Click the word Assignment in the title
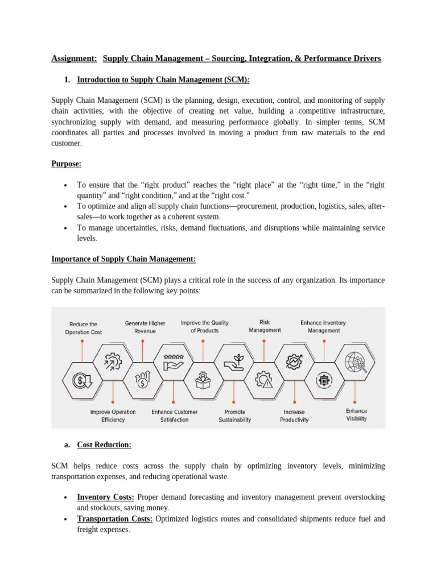point(74,59)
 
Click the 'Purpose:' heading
point(67,164)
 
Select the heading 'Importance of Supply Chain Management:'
point(123,259)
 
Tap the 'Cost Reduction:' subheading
point(104,444)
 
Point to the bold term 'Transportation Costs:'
point(115,518)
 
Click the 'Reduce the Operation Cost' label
point(83,328)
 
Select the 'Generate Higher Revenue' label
point(145,327)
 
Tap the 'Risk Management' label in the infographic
point(265,326)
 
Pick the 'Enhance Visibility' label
point(357,414)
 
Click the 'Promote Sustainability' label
point(234,415)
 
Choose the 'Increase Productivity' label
point(294,415)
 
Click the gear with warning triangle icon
point(264,379)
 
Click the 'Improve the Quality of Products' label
point(205,326)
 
